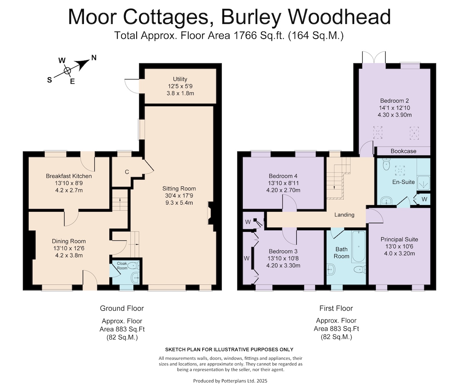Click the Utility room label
[x=180, y=79]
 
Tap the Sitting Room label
[x=179, y=189]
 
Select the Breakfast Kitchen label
[x=69, y=176]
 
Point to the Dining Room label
[x=69, y=241]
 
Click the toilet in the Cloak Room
[x=134, y=265]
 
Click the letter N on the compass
[x=94, y=58]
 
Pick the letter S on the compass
[x=49, y=80]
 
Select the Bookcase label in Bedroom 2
[x=403, y=151]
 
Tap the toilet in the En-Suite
[x=387, y=164]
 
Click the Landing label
[x=344, y=215]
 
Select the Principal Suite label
[x=399, y=239]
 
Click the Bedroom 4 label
[x=283, y=176]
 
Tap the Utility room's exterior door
[x=132, y=86]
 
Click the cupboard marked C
[x=127, y=172]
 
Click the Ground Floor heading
[x=122, y=308]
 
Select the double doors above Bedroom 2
[x=374, y=57]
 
